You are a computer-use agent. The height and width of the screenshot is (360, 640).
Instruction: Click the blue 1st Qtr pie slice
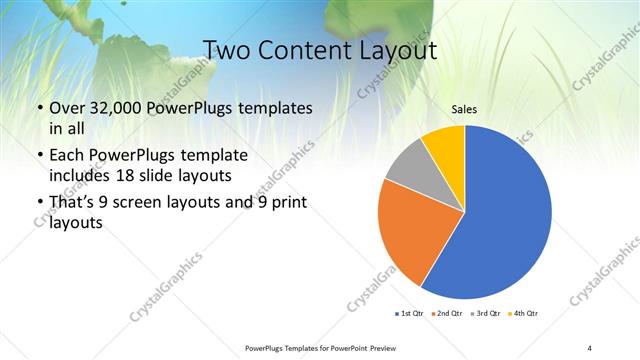(x=505, y=215)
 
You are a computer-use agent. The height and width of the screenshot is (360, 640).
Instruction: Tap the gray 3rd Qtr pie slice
(x=407, y=165)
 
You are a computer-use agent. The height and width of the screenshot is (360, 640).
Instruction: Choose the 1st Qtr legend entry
(x=410, y=314)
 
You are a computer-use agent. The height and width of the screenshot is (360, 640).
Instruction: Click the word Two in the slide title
(x=225, y=51)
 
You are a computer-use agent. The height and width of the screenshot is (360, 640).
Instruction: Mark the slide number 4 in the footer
(x=590, y=346)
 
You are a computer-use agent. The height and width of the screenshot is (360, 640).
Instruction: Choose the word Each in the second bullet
(x=69, y=156)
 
